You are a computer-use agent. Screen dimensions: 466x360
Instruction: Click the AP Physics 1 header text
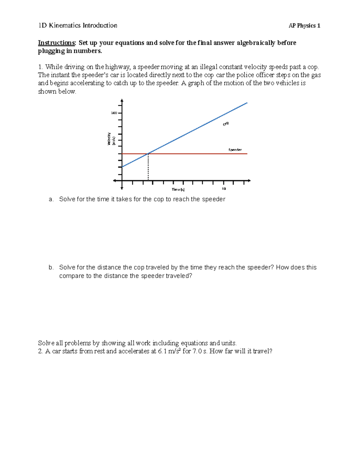[304, 26]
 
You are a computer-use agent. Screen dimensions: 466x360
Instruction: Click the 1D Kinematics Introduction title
[78, 26]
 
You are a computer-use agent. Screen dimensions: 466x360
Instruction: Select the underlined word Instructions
[56, 43]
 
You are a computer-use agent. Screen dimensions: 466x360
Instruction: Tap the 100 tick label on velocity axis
[114, 113]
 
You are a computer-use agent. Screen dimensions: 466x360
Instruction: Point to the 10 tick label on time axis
[224, 189]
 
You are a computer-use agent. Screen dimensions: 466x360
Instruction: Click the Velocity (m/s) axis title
[111, 139]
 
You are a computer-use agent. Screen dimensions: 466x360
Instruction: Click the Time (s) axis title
[178, 189]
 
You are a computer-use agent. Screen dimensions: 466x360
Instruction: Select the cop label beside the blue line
[226, 124]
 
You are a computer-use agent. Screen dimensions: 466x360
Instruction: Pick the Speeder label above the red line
[235, 150]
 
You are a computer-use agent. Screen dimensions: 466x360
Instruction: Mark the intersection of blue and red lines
[148, 154]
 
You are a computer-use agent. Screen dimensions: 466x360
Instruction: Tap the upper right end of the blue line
[247, 103]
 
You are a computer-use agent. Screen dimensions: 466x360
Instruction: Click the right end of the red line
[247, 154]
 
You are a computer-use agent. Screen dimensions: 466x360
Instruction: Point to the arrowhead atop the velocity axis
[122, 101]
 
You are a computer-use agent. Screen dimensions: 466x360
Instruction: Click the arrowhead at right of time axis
[249, 181]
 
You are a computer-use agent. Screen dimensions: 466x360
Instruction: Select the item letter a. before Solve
[51, 199]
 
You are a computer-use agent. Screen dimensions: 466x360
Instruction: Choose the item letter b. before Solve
[51, 267]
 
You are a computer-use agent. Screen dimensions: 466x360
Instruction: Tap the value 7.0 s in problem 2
[199, 351]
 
